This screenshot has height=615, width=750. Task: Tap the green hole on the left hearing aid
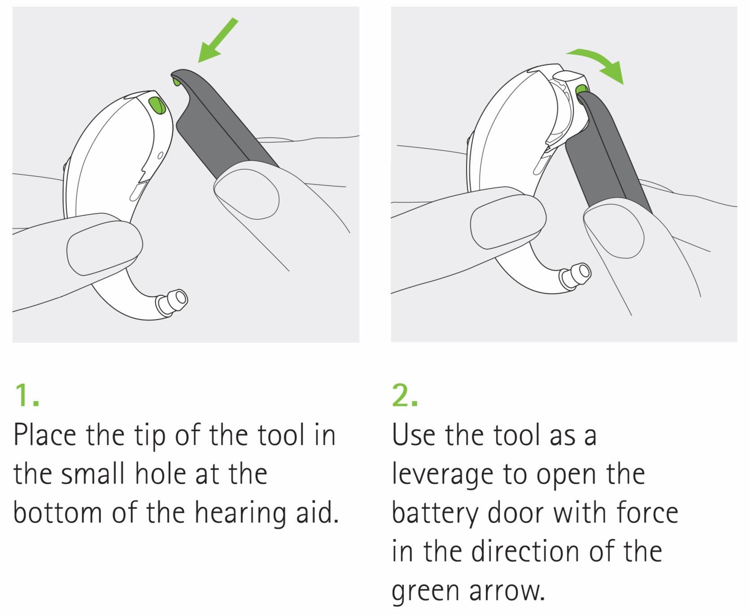(157, 105)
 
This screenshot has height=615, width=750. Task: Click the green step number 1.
(26, 395)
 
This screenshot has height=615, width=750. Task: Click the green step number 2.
(404, 395)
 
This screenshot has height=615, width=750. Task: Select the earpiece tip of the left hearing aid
(171, 302)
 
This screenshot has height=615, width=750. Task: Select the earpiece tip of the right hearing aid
(575, 275)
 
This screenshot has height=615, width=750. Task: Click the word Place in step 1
(45, 435)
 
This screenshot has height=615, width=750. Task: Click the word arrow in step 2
(507, 590)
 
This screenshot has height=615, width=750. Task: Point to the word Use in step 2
(413, 435)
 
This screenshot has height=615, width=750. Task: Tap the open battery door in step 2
(569, 108)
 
